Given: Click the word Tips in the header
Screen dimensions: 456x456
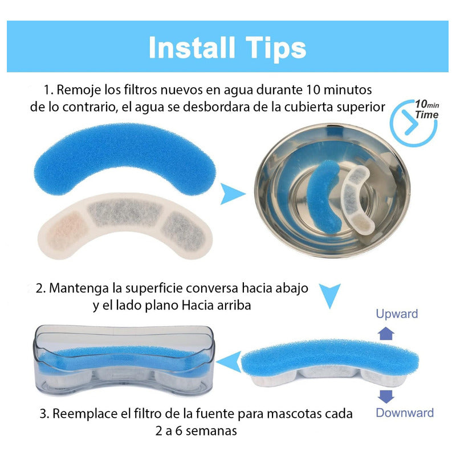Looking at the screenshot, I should [275, 48].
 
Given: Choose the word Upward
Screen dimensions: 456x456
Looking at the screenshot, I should [397, 313].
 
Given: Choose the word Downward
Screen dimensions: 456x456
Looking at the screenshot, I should [404, 413].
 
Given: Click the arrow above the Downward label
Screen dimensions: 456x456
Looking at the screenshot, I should [386, 397].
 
